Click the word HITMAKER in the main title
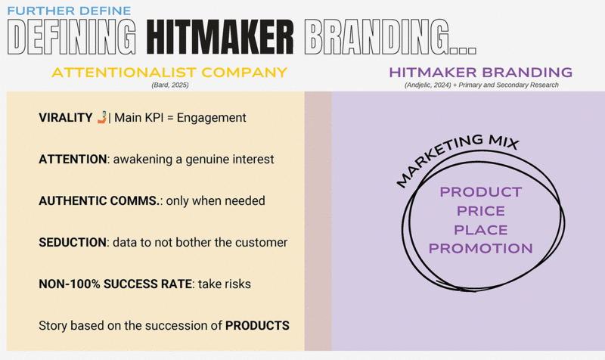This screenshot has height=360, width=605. pyautogui.click(x=220, y=37)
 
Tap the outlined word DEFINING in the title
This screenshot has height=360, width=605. pyautogui.click(x=72, y=37)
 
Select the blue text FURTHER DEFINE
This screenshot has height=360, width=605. pyautogui.click(x=69, y=11)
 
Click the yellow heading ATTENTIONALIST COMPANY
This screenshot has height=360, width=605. pyautogui.click(x=169, y=72)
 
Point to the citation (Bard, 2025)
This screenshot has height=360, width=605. pyautogui.click(x=169, y=85)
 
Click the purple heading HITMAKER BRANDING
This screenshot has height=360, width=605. pyautogui.click(x=481, y=72)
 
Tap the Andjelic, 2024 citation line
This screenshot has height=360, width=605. pyautogui.click(x=482, y=85)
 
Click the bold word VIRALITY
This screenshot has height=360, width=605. pyautogui.click(x=66, y=117)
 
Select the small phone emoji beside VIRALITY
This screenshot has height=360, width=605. pyautogui.click(x=102, y=117)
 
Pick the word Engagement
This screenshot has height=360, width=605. pyautogui.click(x=212, y=118)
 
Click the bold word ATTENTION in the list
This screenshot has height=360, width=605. pyautogui.click(x=73, y=159)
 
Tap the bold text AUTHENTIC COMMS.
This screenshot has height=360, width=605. pyautogui.click(x=99, y=200)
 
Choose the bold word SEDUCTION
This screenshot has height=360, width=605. pyautogui.click(x=72, y=242)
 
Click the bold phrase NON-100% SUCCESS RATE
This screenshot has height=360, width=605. pyautogui.click(x=116, y=284)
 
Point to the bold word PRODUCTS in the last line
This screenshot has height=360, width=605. pyautogui.click(x=257, y=326)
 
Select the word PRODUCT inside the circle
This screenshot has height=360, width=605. pyautogui.click(x=481, y=192)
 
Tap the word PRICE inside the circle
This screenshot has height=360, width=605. pyautogui.click(x=481, y=211)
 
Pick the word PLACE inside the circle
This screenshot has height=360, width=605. pyautogui.click(x=481, y=230)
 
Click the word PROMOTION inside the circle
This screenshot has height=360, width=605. pyautogui.click(x=481, y=249)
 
